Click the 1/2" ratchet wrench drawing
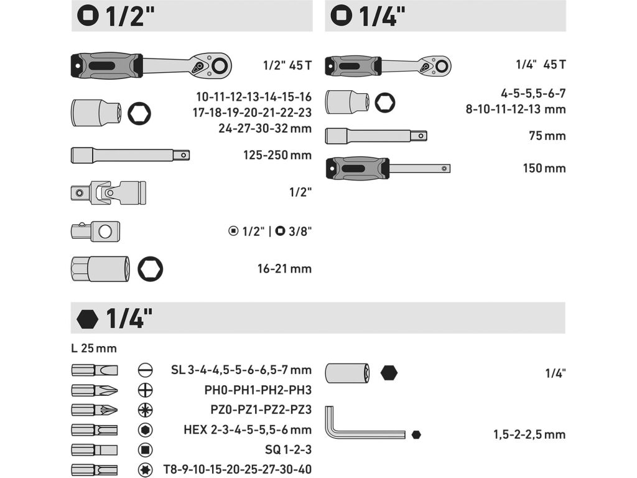click(151, 65)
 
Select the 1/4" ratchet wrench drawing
click(388, 66)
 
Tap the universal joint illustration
click(108, 193)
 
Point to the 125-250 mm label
click(277, 155)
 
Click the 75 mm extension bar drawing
click(376, 136)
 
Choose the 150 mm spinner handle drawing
click(388, 168)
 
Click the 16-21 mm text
click(284, 269)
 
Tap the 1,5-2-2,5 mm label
click(529, 434)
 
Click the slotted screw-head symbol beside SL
click(145, 370)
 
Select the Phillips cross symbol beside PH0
click(145, 390)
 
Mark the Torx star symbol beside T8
click(145, 470)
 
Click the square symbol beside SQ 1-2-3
click(145, 450)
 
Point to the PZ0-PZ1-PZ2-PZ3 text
click(261, 410)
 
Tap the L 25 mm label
click(94, 349)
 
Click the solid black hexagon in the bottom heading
click(87, 319)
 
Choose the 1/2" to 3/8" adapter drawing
click(95, 232)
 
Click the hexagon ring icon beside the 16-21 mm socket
click(151, 269)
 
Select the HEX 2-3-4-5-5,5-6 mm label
click(248, 429)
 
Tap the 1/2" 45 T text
click(287, 65)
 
